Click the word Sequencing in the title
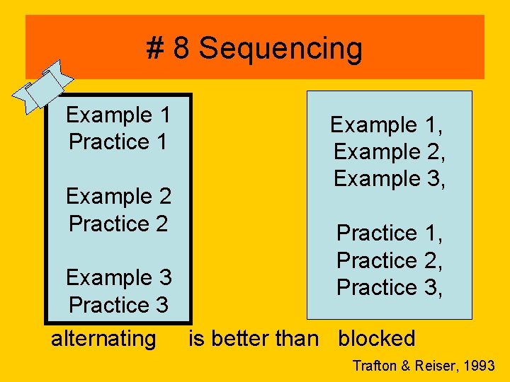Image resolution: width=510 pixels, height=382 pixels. pyautogui.click(x=280, y=49)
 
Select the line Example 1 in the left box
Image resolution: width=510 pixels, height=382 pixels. pyautogui.click(x=118, y=115)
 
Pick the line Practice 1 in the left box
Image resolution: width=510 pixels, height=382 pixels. pyautogui.click(x=118, y=141)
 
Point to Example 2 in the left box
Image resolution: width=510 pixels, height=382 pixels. pyautogui.click(x=118, y=196)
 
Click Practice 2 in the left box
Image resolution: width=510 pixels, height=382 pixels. pyautogui.click(x=118, y=223)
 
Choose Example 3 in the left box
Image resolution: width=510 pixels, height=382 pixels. pyautogui.click(x=118, y=277)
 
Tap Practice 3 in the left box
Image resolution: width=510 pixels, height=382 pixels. pyautogui.click(x=118, y=304)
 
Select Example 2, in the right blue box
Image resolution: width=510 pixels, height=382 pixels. pyautogui.click(x=390, y=152)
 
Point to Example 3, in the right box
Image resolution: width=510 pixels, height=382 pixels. pyautogui.click(x=390, y=179)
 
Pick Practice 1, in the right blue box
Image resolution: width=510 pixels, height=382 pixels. pyautogui.click(x=390, y=233)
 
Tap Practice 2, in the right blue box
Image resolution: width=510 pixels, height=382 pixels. pyautogui.click(x=390, y=260)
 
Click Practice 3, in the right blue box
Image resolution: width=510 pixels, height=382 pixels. pyautogui.click(x=390, y=287)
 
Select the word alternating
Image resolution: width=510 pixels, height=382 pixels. pyautogui.click(x=103, y=338)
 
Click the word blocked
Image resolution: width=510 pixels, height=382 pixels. pyautogui.click(x=377, y=338)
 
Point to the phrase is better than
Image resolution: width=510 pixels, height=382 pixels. pyautogui.click(x=254, y=338)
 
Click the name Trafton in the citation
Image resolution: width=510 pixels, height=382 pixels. pyautogui.click(x=375, y=366)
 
